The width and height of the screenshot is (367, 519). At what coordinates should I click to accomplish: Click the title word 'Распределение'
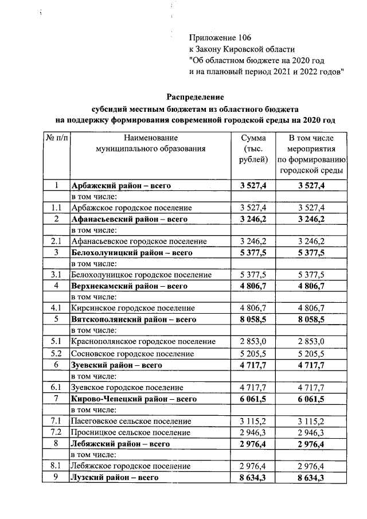coord(196,96)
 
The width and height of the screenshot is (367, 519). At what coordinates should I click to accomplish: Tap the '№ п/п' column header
coord(56,138)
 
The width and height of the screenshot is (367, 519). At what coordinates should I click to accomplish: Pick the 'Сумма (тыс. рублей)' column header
coord(253,149)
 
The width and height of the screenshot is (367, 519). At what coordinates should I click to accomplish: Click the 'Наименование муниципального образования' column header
coord(150,143)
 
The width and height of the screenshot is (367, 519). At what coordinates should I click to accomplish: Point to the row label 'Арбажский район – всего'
coord(121,186)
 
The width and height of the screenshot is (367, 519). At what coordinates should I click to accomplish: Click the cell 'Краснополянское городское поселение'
coord(143,342)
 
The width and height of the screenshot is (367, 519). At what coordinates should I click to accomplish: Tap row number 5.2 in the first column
coord(56,353)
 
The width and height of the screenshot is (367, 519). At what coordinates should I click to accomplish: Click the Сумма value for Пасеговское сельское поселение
coord(253,421)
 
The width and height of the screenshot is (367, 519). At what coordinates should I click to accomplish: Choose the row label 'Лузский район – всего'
coord(114,477)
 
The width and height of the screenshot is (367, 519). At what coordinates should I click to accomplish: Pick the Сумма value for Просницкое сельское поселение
coord(253,432)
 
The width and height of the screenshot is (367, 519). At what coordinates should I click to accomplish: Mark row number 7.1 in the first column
coord(56,421)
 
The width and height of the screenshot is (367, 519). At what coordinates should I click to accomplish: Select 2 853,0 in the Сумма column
coord(253,342)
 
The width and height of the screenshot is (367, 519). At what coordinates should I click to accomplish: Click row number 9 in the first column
coord(56,477)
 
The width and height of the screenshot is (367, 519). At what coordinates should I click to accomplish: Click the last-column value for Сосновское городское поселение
coord(311,353)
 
